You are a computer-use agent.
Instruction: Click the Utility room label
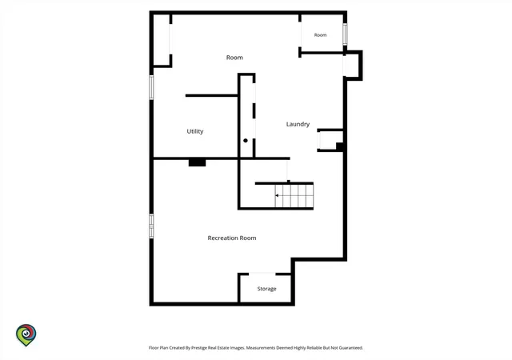click(x=195, y=131)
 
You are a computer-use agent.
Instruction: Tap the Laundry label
click(x=298, y=124)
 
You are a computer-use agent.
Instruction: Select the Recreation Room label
click(x=232, y=238)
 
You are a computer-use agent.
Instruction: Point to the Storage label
click(x=266, y=289)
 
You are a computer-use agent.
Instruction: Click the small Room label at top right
click(x=320, y=35)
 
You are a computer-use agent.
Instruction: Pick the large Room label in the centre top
click(x=234, y=58)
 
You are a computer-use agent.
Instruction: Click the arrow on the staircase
click(x=277, y=195)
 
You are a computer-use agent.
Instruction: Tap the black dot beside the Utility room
click(x=246, y=141)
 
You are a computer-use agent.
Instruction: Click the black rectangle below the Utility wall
click(x=198, y=162)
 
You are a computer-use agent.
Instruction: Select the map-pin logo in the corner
click(x=26, y=335)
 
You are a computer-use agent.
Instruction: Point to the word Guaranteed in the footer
click(x=350, y=348)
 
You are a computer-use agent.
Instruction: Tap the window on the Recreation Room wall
click(x=151, y=226)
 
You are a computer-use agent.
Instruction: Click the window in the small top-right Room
click(x=345, y=34)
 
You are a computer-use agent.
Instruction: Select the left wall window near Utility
click(x=151, y=87)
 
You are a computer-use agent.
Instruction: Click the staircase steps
click(x=294, y=195)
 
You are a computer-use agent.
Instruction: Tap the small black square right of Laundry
click(x=339, y=146)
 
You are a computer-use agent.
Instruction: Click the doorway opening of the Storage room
click(x=262, y=274)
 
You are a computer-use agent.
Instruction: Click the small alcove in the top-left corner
click(x=162, y=40)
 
